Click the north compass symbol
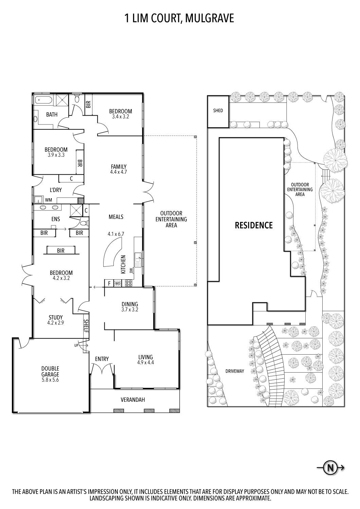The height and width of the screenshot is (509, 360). tap(331, 468)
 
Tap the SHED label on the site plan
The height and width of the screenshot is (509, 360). tap(218, 111)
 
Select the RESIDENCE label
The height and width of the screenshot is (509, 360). tap(254, 225)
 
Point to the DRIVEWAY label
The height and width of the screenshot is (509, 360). tap(235, 371)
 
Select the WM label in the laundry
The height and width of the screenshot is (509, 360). tap(49, 200)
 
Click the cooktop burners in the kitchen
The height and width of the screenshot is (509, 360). tap(128, 283)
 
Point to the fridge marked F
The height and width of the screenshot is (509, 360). tap(109, 283)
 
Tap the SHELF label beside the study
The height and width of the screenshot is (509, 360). tap(86, 326)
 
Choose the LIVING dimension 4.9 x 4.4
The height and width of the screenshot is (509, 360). tap(146, 362)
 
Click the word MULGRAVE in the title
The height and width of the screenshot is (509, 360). tap(209, 18)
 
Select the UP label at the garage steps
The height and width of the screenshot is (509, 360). tap(76, 346)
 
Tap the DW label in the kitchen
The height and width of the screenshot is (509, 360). tap(131, 271)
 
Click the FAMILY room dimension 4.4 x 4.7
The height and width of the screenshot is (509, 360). tap(119, 172)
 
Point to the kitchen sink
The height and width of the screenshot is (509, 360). tap(138, 259)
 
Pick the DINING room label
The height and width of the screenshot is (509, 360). tap(130, 304)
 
